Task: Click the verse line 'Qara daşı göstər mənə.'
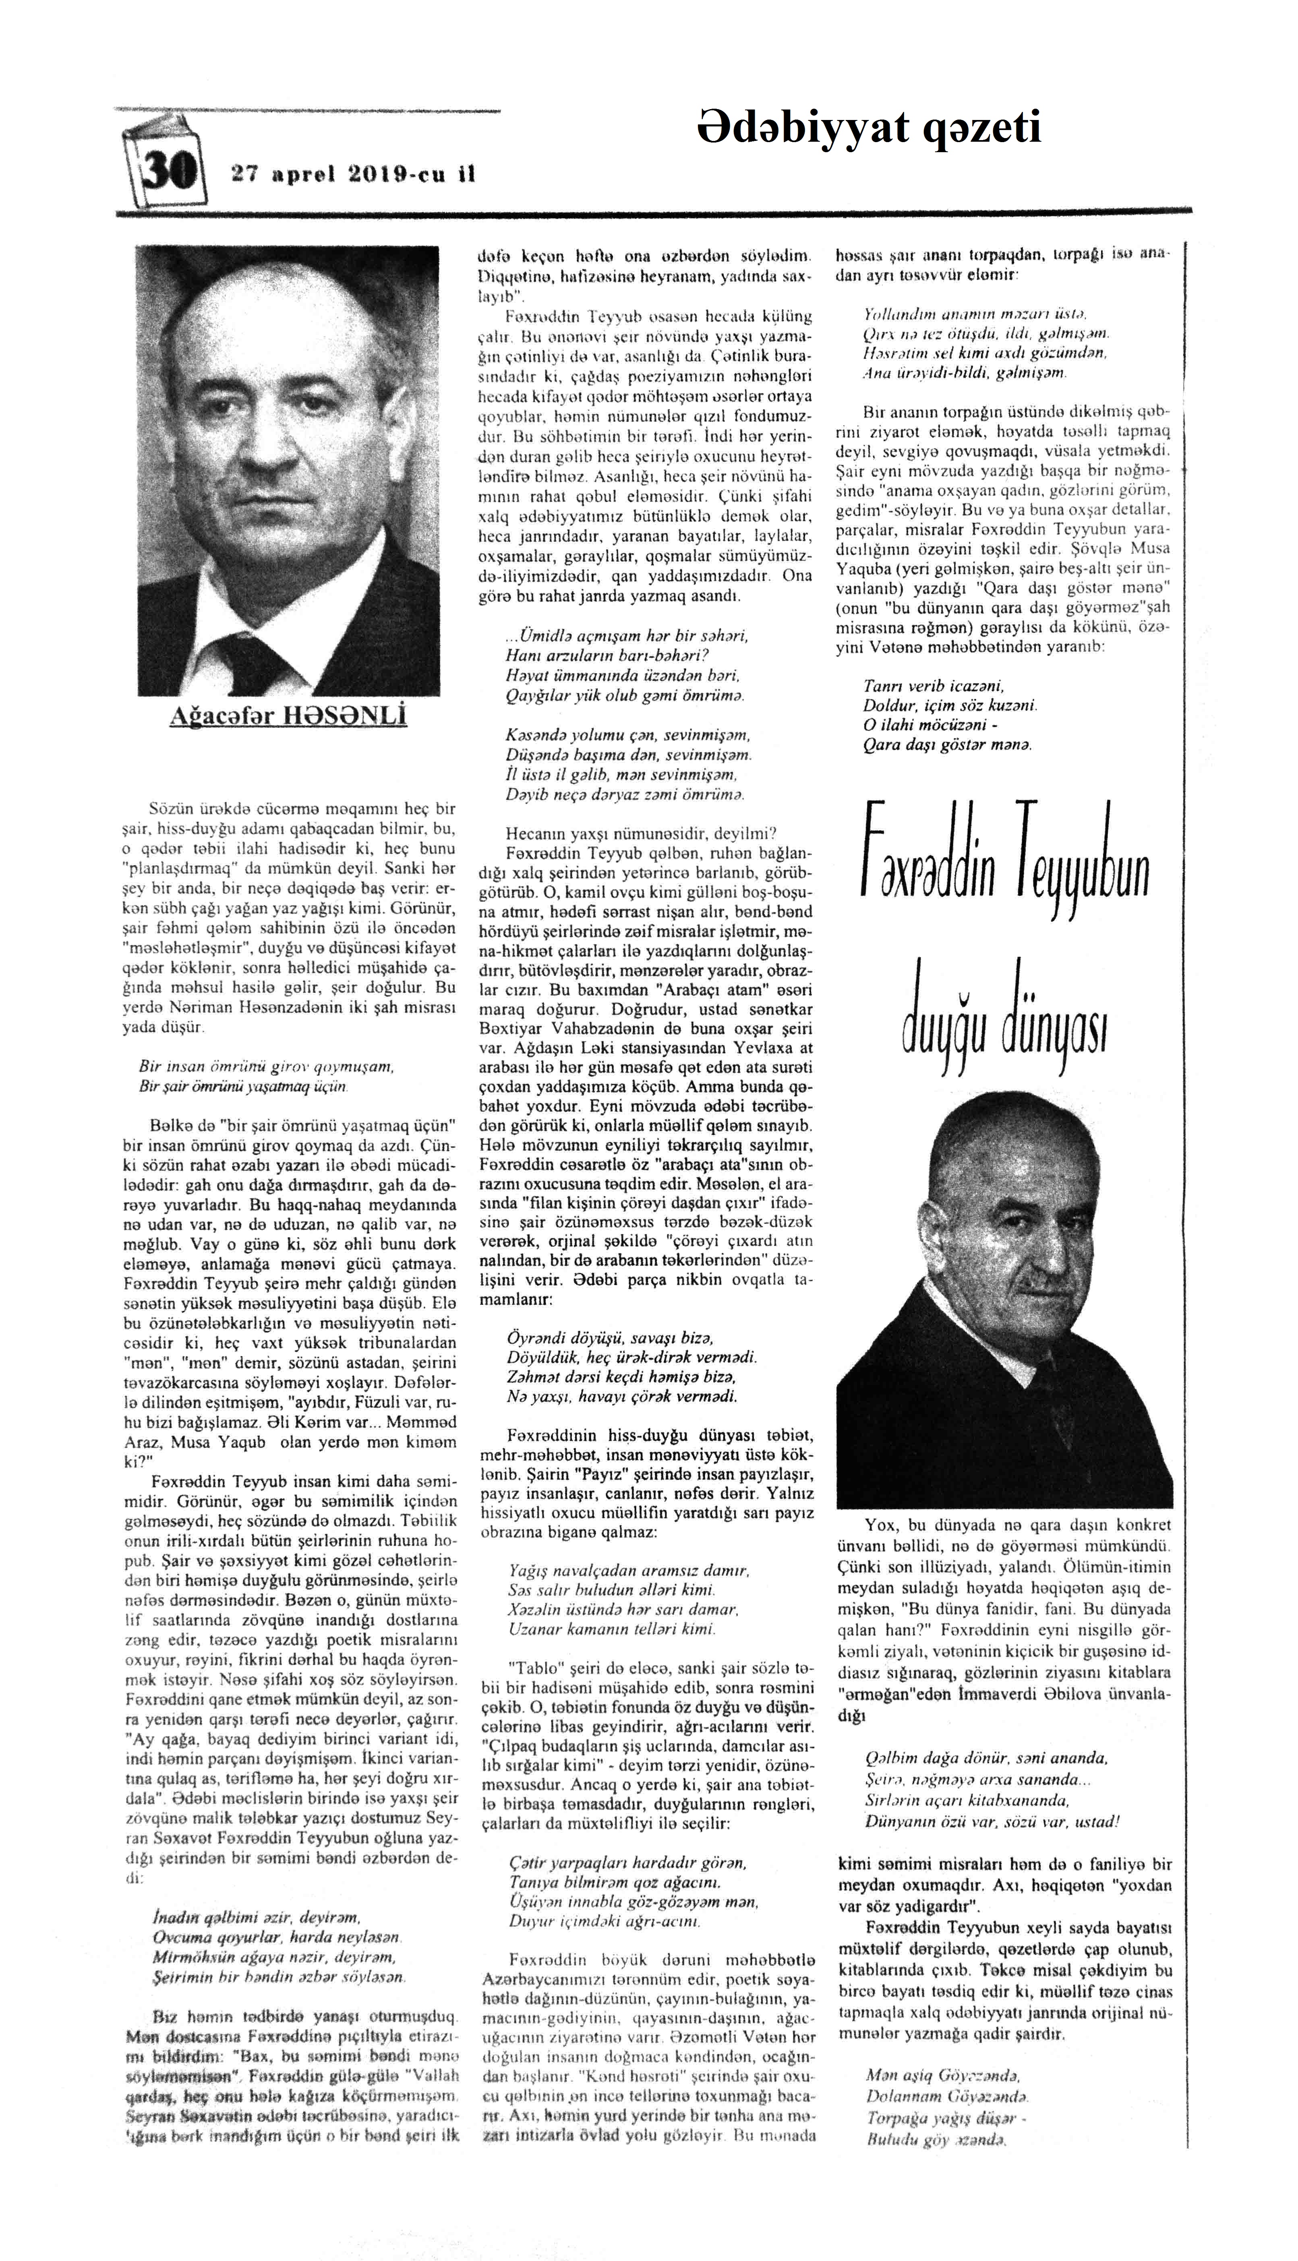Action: pos(947,744)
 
